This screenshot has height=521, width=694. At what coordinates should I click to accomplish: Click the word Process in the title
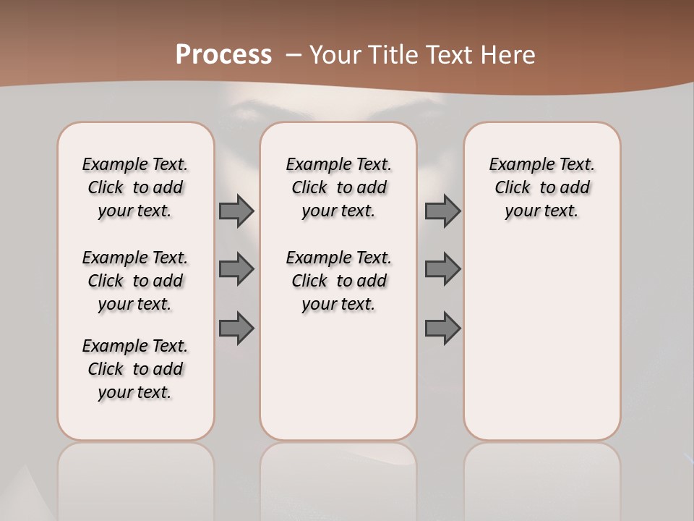[x=223, y=55]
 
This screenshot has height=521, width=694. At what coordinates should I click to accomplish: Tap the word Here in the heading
[x=506, y=55]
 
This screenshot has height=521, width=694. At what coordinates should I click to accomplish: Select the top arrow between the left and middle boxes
[x=236, y=211]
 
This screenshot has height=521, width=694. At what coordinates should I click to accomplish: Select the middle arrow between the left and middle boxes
[x=236, y=269]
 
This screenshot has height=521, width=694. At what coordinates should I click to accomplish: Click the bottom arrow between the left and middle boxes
[x=236, y=329]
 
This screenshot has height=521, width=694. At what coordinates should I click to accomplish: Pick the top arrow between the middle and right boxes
[x=442, y=211]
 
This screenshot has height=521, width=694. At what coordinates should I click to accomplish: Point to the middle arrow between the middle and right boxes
[x=442, y=269]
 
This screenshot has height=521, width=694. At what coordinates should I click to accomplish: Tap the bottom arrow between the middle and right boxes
[x=442, y=329]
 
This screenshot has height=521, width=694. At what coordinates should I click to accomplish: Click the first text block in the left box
[x=135, y=187]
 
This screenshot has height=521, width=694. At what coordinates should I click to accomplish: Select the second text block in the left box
[x=135, y=281]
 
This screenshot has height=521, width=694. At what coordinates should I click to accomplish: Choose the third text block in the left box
[x=135, y=369]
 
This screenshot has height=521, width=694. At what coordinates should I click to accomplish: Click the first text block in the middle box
[x=338, y=187]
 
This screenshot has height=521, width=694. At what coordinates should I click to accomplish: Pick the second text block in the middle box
[x=338, y=281]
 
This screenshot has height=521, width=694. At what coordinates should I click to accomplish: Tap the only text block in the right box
[x=542, y=187]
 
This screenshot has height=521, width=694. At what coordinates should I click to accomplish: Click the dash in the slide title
[x=294, y=55]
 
